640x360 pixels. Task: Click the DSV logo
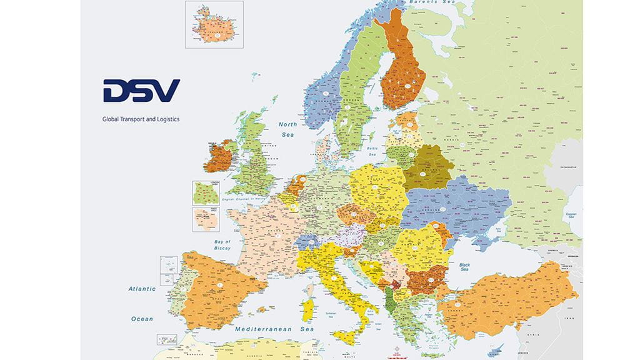point(141,91)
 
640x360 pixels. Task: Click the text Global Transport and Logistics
point(141,119)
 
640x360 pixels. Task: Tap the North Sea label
point(287,129)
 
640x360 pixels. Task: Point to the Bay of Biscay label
point(222,244)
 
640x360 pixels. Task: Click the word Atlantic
point(142,289)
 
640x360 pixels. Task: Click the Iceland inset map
point(214,24)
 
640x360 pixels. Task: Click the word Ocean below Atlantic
point(142,319)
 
